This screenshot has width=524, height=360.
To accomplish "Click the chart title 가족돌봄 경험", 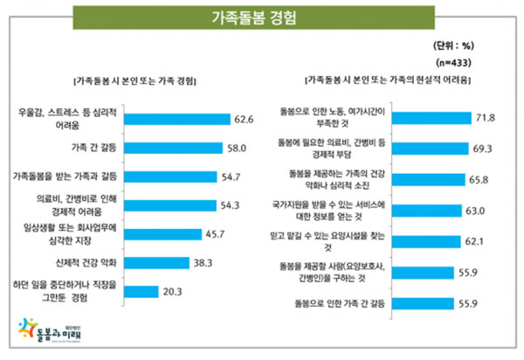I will pyautogui.click(x=261, y=17).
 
